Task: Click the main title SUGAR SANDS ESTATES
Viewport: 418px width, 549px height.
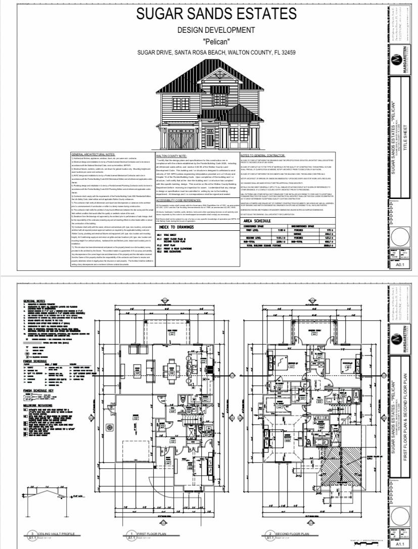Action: pyautogui.click(x=216, y=14)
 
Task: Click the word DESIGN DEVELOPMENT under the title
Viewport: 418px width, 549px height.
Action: pyautogui.click(x=216, y=30)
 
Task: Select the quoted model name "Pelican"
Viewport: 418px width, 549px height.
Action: pyautogui.click(x=216, y=41)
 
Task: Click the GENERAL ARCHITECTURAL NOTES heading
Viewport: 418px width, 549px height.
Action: pyautogui.click(x=94, y=154)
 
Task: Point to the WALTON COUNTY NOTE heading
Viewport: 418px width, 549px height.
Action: pyautogui.click(x=172, y=157)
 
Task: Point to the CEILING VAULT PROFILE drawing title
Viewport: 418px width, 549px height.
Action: pyautogui.click(x=56, y=533)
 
